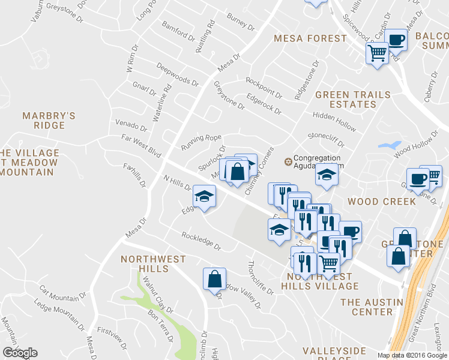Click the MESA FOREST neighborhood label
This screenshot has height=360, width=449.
point(310,38)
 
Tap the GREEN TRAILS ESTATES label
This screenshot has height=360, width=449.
point(352,99)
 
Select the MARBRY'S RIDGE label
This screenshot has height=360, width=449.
point(49,120)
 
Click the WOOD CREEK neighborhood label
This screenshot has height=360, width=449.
point(382,201)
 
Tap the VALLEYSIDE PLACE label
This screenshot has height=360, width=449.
point(334,354)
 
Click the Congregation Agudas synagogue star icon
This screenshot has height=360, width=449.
point(287,161)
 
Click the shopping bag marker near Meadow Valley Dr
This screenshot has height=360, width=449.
point(214,279)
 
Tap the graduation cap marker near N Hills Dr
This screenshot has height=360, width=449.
point(204,196)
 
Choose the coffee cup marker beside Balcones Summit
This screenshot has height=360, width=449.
point(396,40)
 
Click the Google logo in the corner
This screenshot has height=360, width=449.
point(20,353)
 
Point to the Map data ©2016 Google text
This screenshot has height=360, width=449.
point(412,355)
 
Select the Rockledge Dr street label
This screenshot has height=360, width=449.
point(202,242)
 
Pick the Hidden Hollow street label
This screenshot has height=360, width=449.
point(334,121)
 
